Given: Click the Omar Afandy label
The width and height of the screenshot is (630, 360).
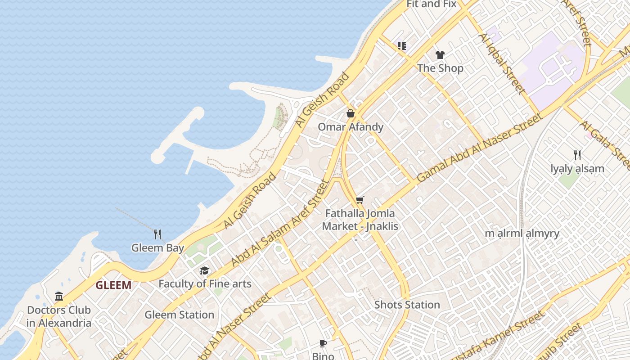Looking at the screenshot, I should (x=351, y=127).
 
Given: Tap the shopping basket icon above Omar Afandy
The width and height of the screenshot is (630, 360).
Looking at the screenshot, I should (x=351, y=113).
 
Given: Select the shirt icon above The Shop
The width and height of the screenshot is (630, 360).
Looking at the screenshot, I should (x=440, y=55).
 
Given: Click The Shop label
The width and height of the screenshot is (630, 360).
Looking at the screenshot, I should (x=440, y=68).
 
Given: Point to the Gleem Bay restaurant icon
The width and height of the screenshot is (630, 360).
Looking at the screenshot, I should (x=157, y=234).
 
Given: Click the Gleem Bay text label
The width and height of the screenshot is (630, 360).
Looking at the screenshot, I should (x=157, y=248).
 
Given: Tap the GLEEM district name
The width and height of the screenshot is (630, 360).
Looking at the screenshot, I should (x=113, y=285).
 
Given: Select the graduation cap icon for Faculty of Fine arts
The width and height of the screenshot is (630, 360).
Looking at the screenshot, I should (x=205, y=270).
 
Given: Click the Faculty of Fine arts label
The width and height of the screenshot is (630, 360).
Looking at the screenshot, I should (x=205, y=284).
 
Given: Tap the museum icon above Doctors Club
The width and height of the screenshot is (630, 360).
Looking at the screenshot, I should (x=59, y=296).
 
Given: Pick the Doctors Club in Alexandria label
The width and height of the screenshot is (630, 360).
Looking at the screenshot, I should (x=59, y=316).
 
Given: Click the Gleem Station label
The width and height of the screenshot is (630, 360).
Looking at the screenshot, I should (x=179, y=315).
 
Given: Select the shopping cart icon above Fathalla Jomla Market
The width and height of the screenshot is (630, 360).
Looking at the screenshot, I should (x=360, y=200).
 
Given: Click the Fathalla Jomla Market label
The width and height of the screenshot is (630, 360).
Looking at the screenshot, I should (x=360, y=220).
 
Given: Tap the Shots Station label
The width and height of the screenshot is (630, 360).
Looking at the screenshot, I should (x=407, y=305).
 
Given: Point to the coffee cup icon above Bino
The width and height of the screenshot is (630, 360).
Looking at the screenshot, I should (x=323, y=344).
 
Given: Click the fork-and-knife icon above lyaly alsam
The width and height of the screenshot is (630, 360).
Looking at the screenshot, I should (x=577, y=155).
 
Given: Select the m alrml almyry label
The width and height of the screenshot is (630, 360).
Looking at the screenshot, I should (x=522, y=234).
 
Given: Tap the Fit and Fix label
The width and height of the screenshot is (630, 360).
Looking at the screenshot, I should (x=431, y=4).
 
